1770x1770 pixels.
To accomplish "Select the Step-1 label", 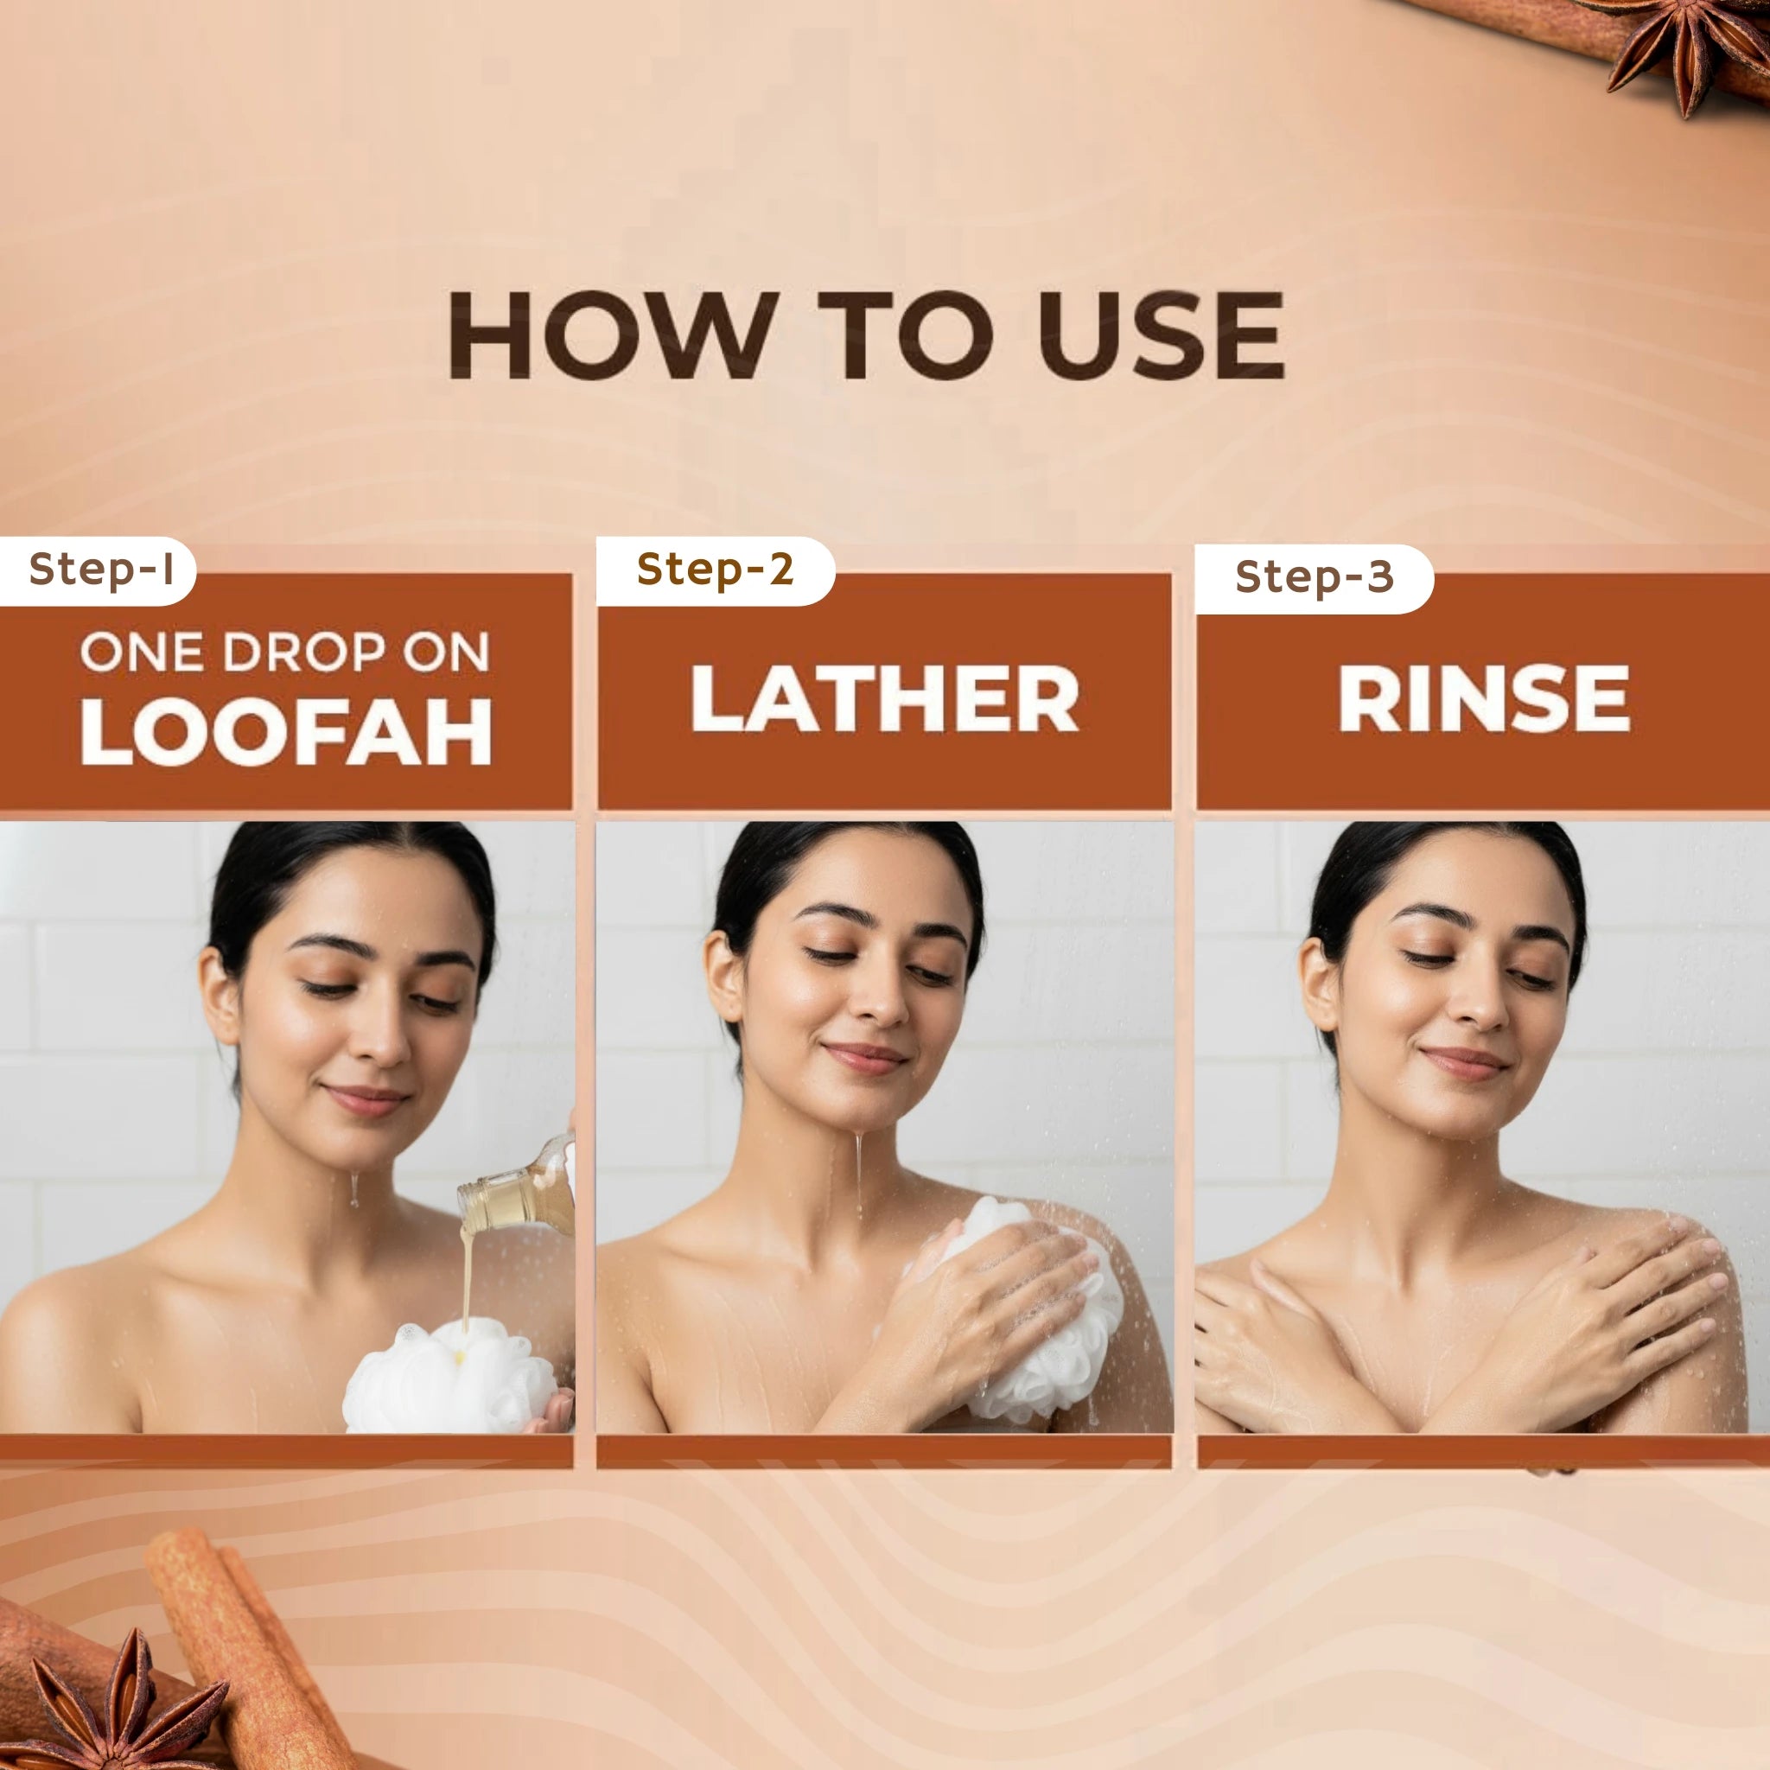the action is point(101,570).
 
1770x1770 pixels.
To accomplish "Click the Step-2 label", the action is point(715,570).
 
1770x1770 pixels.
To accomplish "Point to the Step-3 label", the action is point(1314,577).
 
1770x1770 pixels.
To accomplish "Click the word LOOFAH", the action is point(287,732).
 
